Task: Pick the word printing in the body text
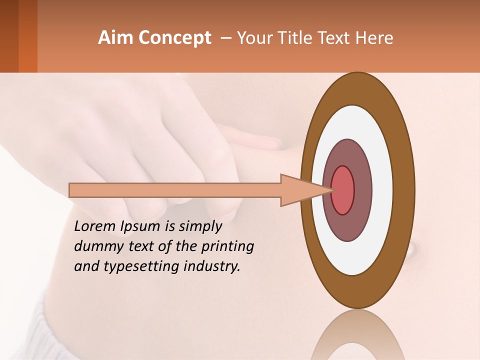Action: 227,246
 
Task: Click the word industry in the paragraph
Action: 212,266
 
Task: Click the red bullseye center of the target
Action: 343,190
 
